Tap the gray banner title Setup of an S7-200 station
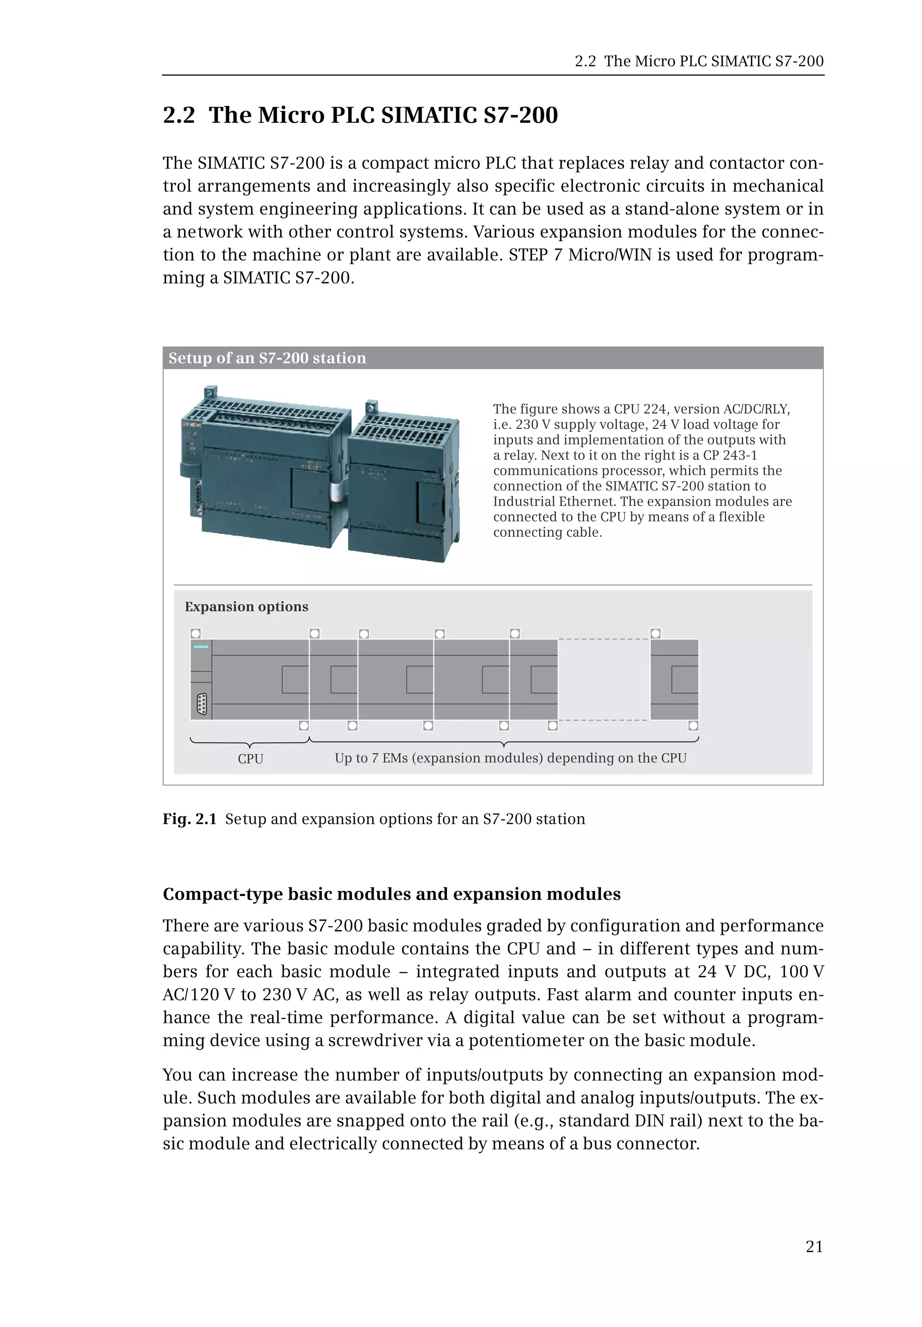(267, 358)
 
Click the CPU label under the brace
(250, 759)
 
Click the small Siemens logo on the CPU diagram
(200, 647)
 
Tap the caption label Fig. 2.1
(189, 819)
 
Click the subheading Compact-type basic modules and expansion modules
(391, 894)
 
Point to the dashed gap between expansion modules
(603, 679)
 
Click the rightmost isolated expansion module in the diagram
(674, 679)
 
